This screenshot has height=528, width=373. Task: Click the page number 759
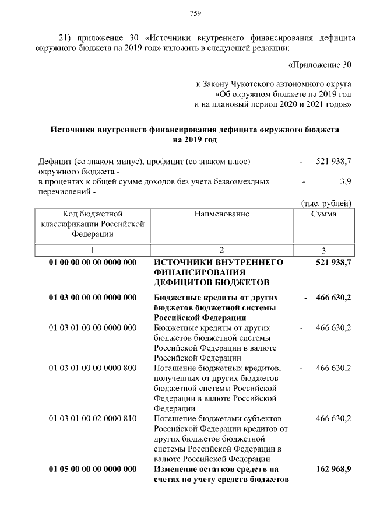[195, 13]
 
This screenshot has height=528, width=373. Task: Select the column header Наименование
[222, 214]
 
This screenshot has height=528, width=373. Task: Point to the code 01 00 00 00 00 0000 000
[93, 263]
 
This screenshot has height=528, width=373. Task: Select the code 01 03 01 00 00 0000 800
[93, 368]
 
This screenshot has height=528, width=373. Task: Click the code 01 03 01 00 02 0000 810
[93, 419]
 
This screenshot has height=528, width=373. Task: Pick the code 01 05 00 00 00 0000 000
[93, 469]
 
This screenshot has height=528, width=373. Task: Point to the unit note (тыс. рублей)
[326, 203]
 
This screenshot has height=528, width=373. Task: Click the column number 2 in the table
[222, 250]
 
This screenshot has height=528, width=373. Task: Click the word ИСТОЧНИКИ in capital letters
[185, 263]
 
